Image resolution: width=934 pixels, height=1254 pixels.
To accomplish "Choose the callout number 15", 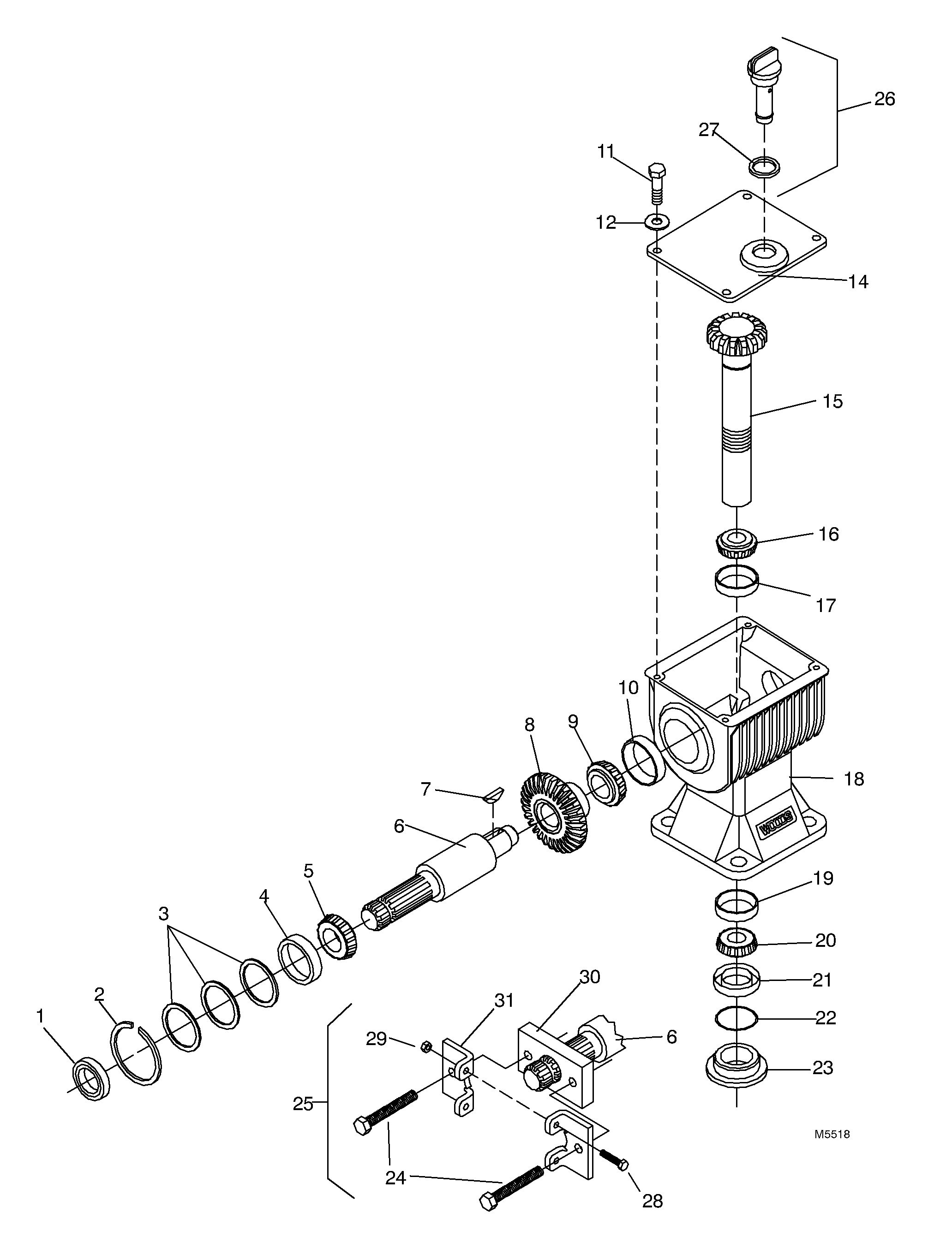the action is point(832,401).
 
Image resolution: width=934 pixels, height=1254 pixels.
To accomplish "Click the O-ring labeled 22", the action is point(736,1018).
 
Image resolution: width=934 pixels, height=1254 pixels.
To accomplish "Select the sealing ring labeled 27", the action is point(764,166).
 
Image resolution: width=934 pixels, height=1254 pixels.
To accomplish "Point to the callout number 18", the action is point(854,779).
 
